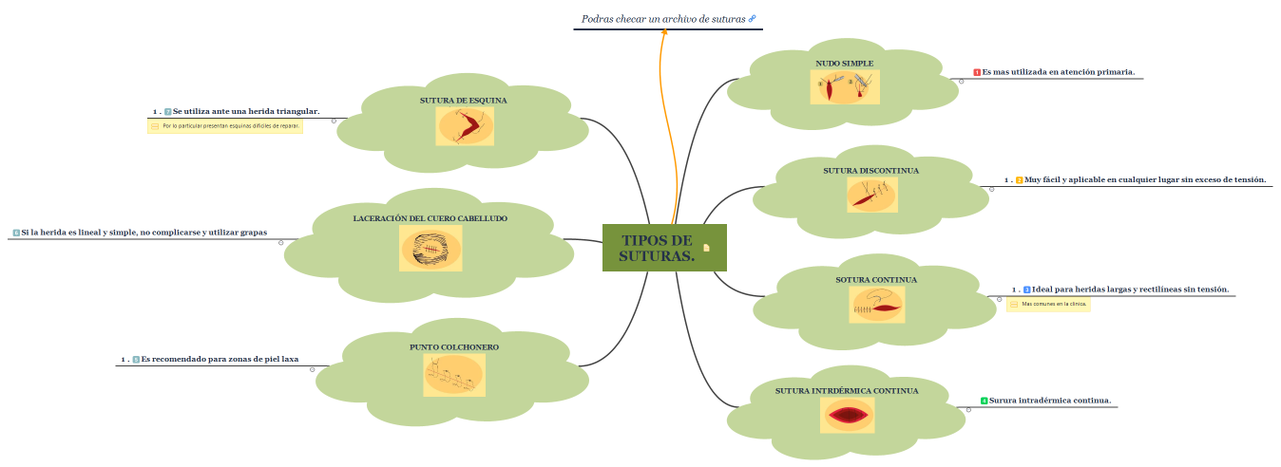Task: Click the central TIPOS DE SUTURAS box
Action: (656, 248)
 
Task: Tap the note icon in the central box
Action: (706, 248)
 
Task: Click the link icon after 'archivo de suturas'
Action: (753, 19)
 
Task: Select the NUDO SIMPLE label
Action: (844, 64)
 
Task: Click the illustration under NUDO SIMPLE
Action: (844, 87)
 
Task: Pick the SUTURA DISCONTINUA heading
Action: (870, 171)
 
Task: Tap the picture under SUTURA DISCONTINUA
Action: (871, 195)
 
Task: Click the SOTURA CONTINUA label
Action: (875, 280)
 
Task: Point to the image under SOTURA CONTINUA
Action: (876, 305)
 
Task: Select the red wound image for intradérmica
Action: (847, 415)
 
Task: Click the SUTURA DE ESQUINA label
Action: (464, 100)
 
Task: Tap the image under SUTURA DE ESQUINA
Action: (465, 126)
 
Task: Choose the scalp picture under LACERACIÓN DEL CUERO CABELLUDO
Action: (430, 249)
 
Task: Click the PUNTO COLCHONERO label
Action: (454, 347)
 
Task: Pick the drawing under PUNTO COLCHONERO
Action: (454, 376)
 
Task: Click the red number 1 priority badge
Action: (977, 72)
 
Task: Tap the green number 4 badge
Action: (984, 401)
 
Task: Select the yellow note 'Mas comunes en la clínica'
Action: (1048, 305)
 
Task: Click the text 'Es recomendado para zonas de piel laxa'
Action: (220, 360)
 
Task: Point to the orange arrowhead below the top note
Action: (663, 32)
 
